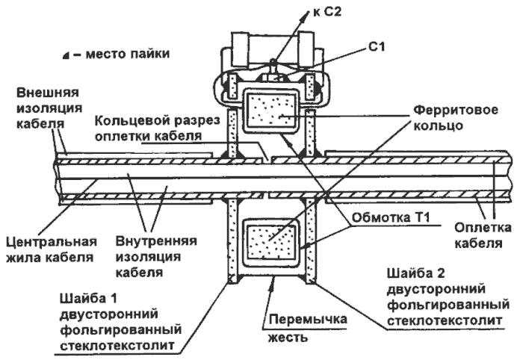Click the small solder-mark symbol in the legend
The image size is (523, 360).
point(66,55)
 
